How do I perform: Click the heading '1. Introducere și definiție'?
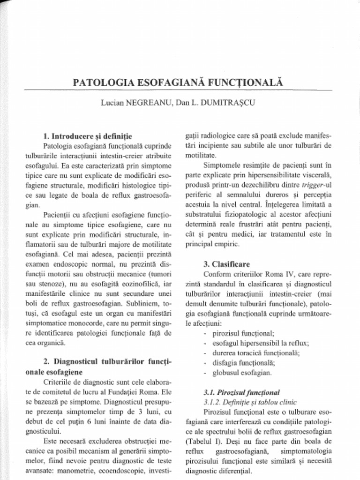coord(87,136)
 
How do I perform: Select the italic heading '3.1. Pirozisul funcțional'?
coord(241,392)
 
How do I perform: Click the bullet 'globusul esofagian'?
coord(242,373)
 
